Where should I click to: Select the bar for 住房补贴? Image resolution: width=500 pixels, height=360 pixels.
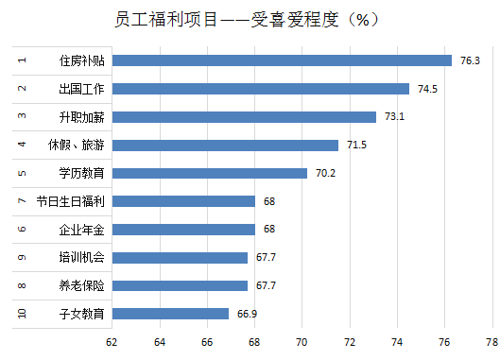(282, 60)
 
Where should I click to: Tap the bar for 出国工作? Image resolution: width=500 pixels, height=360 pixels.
(260, 89)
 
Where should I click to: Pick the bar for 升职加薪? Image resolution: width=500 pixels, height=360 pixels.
(244, 117)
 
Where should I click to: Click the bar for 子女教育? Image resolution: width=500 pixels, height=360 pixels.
(170, 314)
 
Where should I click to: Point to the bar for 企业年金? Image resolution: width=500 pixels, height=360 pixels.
(183, 229)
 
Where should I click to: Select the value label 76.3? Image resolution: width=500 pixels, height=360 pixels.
(470, 60)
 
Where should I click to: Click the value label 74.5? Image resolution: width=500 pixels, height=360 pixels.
(427, 89)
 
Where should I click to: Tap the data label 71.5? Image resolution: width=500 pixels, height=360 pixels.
(356, 146)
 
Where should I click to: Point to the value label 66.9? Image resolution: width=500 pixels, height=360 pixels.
(248, 314)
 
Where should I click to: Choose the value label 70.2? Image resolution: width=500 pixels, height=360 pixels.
(325, 173)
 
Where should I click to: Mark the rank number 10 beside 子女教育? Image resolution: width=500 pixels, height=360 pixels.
(22, 314)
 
